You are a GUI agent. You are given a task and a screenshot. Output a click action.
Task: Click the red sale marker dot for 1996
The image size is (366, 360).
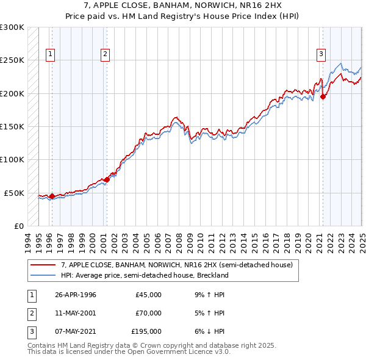point(52,196)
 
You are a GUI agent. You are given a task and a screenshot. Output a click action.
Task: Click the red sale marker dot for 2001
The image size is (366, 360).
point(107,179)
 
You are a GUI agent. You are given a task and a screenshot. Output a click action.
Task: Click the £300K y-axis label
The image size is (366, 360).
point(13,27)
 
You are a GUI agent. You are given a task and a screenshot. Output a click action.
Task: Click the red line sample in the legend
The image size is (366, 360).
point(43,265)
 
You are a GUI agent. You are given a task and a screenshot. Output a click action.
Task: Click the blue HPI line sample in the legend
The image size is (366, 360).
point(43,275)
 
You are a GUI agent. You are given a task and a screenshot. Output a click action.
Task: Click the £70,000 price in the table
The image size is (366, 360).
point(149,313)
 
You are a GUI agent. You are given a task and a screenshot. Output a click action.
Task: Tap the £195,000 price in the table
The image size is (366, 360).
point(146,331)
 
